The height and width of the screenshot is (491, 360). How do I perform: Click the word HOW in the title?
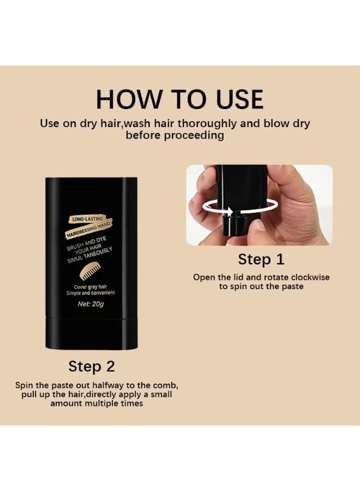(x=128, y=99)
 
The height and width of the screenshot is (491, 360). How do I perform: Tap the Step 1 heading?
(x=261, y=260)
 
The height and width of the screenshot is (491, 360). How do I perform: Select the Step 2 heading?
(x=92, y=367)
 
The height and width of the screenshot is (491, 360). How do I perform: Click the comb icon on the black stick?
(x=92, y=272)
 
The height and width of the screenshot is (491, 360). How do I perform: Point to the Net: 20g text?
(x=91, y=304)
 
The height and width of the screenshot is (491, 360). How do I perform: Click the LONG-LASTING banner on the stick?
(x=86, y=219)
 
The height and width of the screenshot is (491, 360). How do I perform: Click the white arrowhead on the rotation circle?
(x=230, y=212)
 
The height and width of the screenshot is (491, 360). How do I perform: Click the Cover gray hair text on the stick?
(x=91, y=287)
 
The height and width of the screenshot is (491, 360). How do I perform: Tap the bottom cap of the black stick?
(x=92, y=333)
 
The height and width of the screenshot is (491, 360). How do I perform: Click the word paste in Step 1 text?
(x=292, y=287)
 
